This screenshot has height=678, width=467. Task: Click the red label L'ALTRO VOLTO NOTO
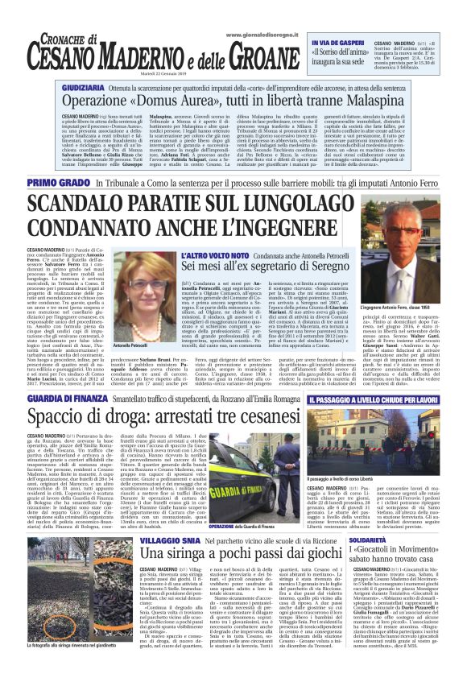coord(188,254)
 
